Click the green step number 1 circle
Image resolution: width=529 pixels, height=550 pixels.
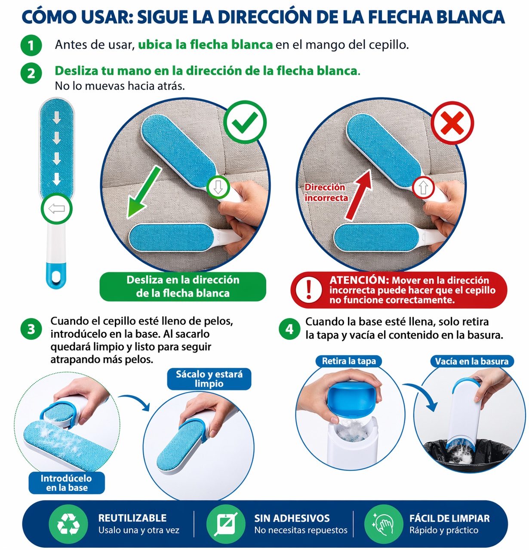pos(31,45)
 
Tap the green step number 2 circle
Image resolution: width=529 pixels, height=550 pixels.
pos(31,73)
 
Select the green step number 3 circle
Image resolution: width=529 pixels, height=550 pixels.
pos(31,329)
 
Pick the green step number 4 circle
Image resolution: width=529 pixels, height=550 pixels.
pos(289,329)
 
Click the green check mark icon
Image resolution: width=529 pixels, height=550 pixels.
pos(245,123)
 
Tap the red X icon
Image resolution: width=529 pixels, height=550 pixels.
pos(452,123)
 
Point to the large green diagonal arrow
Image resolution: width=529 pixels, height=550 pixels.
pos(143,193)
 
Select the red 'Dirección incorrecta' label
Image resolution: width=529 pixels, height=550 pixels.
pos(326,193)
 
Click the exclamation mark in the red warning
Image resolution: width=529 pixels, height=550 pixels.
pos(309,290)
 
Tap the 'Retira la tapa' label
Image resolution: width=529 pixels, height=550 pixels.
pos(349,361)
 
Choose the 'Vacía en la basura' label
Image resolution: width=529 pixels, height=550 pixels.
pos(472,361)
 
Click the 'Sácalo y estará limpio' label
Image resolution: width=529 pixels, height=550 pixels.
pos(209,379)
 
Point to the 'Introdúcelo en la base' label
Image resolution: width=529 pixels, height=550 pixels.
pos(67,483)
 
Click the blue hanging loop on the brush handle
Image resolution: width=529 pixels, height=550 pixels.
pos(56,276)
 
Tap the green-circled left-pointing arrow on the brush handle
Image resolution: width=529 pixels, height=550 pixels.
pos(56,209)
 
